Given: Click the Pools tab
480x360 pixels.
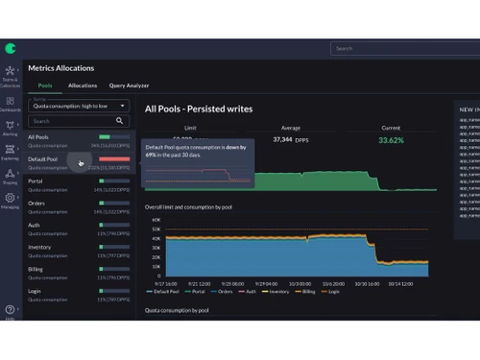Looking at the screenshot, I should [x=44, y=85].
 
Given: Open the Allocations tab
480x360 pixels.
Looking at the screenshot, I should [x=83, y=85].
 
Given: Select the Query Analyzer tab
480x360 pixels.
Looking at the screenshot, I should [x=130, y=85].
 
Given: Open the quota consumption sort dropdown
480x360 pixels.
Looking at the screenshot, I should [x=78, y=105].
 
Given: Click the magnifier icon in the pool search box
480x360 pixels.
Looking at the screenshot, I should [x=120, y=121].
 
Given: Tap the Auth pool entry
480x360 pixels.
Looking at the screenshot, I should [x=35, y=224].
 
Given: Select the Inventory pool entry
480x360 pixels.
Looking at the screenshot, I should [x=40, y=246].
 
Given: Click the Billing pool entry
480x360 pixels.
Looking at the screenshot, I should [x=36, y=268].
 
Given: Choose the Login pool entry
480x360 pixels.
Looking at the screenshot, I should [x=35, y=289].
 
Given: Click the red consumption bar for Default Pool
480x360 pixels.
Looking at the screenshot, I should [x=113, y=158].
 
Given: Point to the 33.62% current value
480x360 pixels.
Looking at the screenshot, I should [x=391, y=139].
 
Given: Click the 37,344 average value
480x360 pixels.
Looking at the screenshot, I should [x=283, y=139].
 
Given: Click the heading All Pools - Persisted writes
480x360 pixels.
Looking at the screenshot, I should [x=199, y=108].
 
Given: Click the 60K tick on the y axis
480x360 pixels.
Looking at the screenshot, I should [x=156, y=219].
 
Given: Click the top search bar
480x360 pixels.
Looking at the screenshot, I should [x=403, y=48].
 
